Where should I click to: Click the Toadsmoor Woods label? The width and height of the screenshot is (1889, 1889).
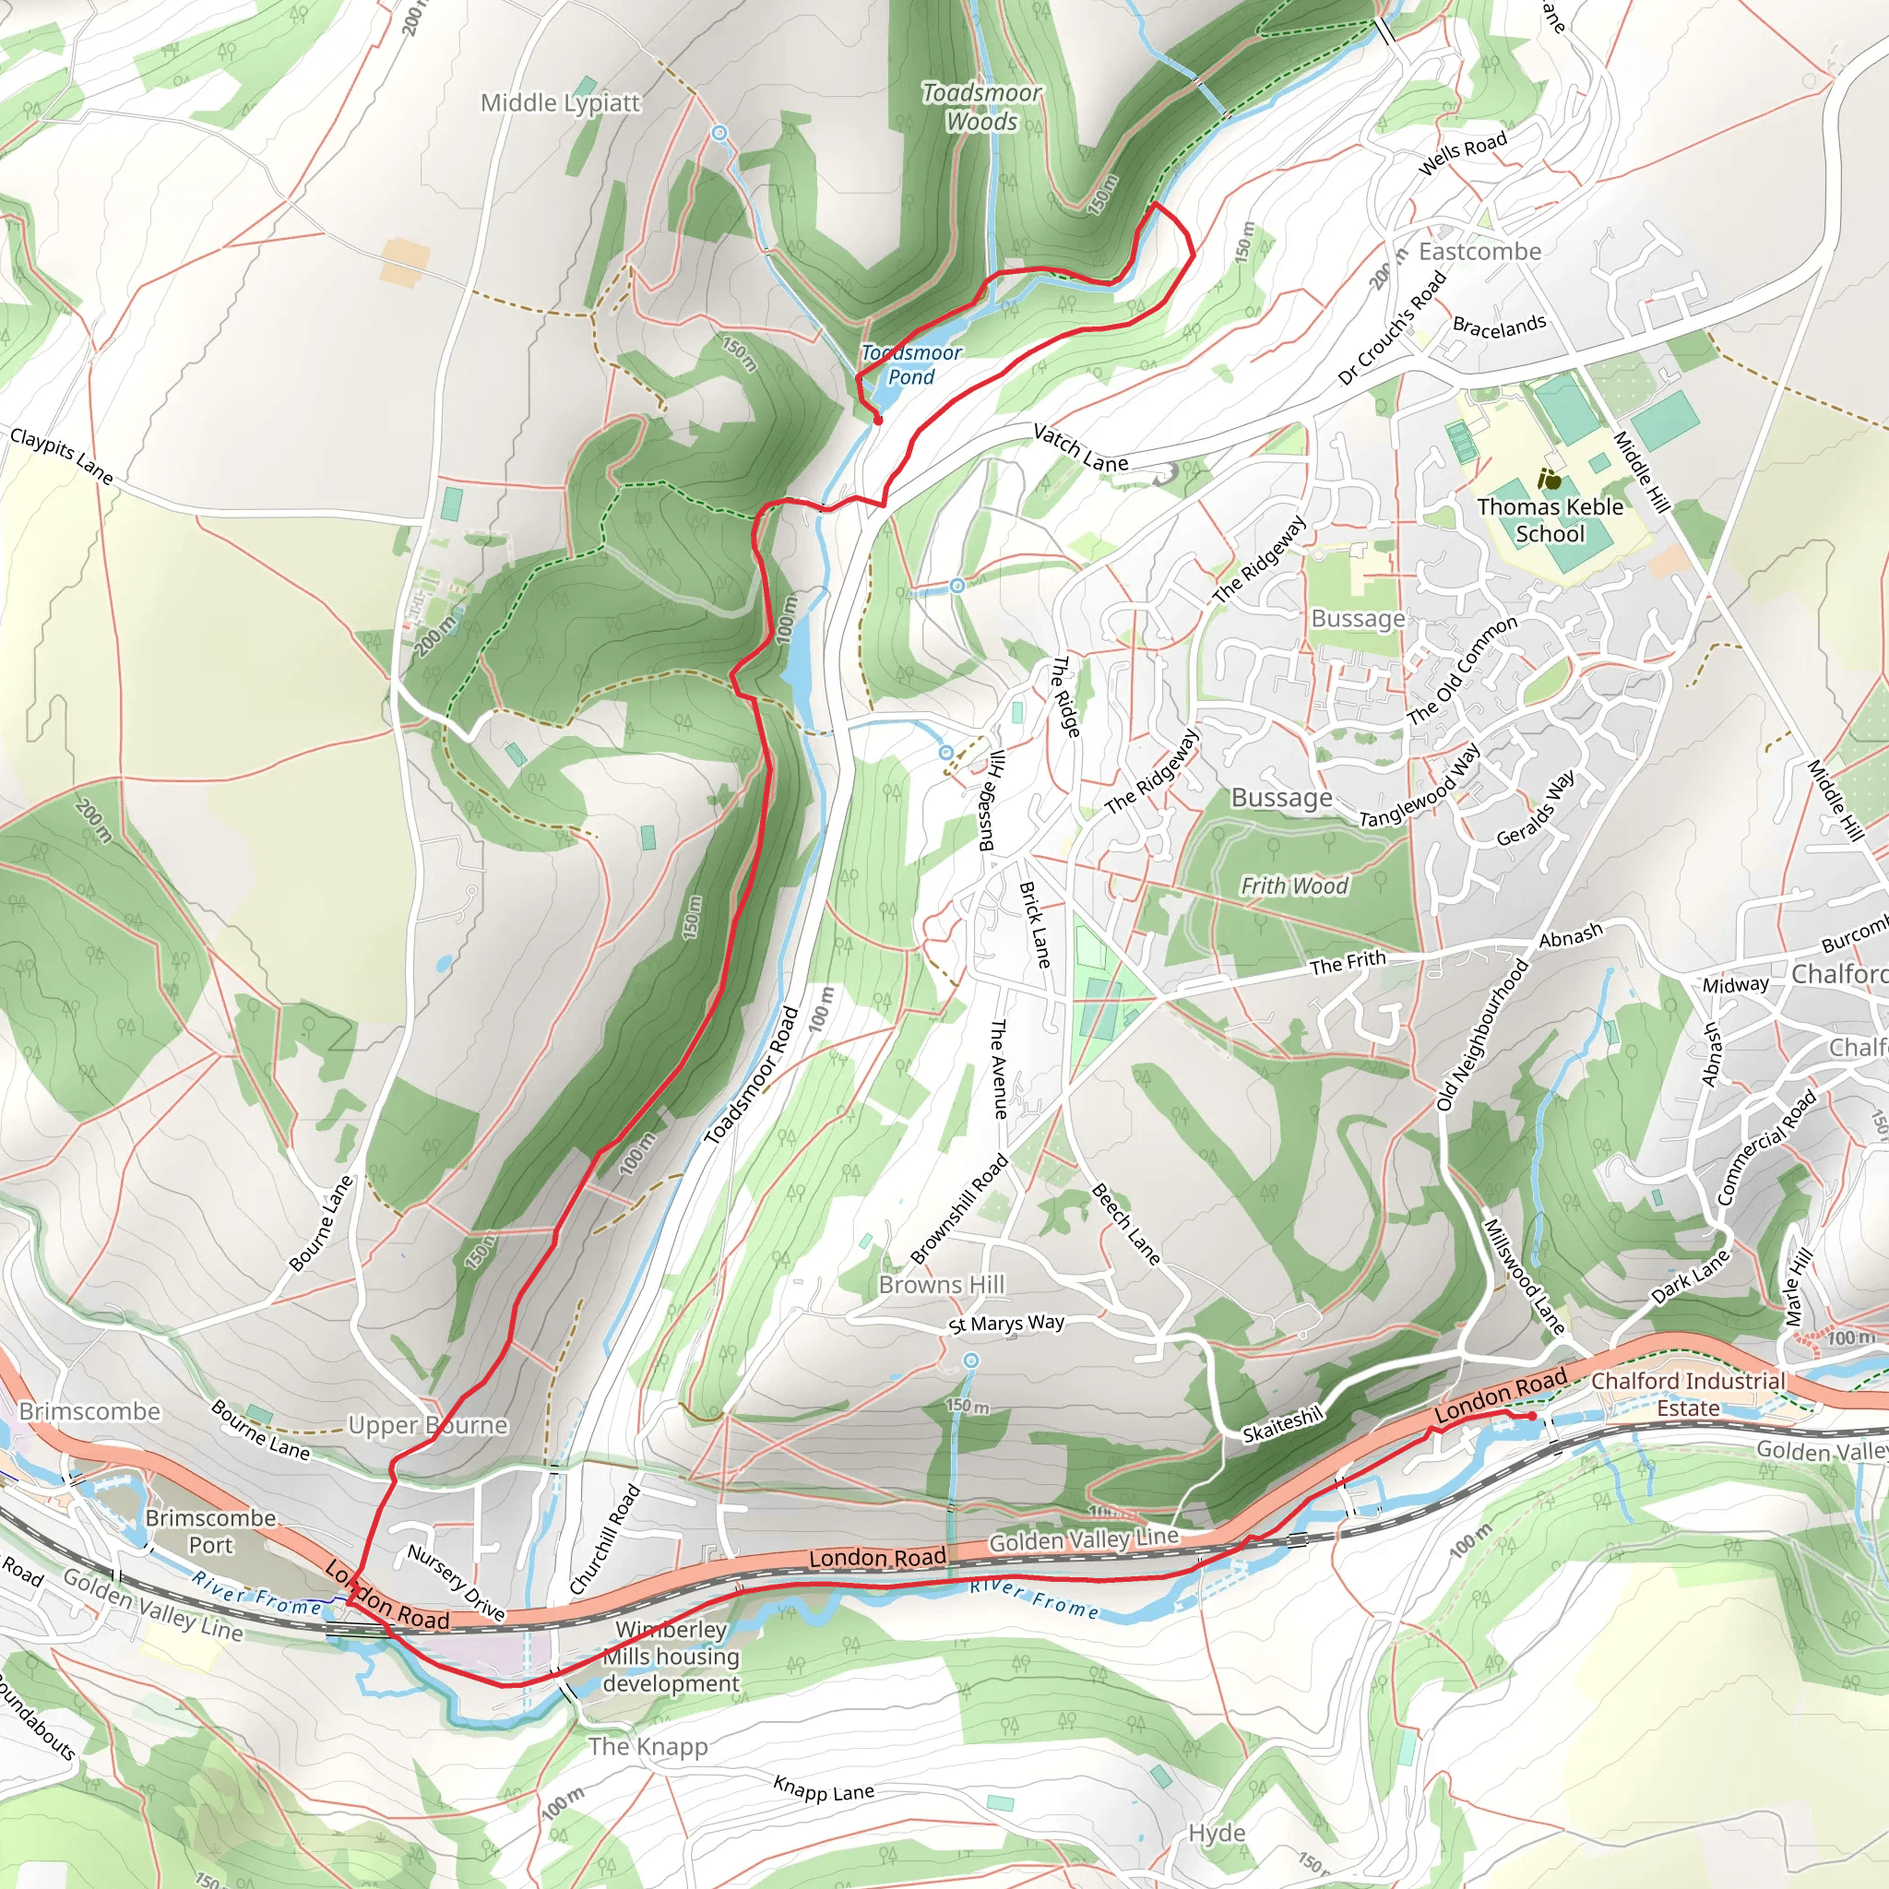(981, 107)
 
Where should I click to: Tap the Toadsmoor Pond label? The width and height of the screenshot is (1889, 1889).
(911, 364)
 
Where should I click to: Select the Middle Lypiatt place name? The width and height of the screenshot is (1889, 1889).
(560, 102)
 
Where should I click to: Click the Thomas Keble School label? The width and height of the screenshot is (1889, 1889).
(1550, 520)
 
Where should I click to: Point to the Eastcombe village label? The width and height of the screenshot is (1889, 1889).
(1479, 251)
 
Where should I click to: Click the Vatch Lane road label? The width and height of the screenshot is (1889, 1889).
(1080, 447)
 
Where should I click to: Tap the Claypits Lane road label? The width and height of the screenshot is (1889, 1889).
(62, 455)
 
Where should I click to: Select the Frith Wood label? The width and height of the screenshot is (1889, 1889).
(1293, 885)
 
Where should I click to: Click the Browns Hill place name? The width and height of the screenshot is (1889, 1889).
(942, 1285)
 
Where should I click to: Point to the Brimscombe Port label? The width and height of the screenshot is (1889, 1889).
(210, 1531)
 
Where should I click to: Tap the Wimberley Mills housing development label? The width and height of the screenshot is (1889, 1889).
(671, 1657)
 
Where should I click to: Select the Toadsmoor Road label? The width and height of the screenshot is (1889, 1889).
(752, 1075)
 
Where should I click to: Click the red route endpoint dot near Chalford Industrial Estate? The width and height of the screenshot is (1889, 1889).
(1531, 1417)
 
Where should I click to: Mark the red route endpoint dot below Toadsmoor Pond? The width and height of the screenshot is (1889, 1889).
(878, 421)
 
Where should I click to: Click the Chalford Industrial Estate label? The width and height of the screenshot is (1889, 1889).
(1688, 1395)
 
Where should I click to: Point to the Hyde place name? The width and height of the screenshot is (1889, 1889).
(1217, 1833)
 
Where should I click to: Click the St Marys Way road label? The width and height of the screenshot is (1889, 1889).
(1006, 1323)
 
